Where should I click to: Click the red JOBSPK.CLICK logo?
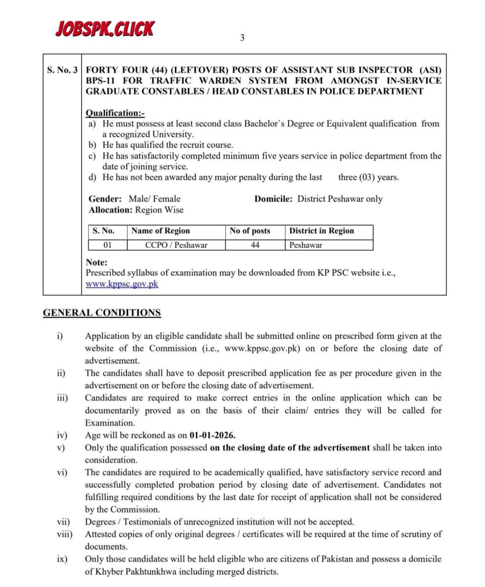(x=105, y=29)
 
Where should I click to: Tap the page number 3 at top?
(x=242, y=38)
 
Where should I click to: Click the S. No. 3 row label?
(x=62, y=70)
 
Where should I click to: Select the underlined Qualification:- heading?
(x=115, y=113)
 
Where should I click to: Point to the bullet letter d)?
(x=92, y=178)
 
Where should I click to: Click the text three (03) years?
(x=368, y=178)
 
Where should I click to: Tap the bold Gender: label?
(x=105, y=199)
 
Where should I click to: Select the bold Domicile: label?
(x=273, y=199)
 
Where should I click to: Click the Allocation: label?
(x=110, y=210)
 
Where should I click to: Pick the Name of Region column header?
(x=160, y=231)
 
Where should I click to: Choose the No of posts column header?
(x=250, y=231)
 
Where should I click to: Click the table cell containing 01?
(x=107, y=245)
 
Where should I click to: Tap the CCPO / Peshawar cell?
(x=176, y=245)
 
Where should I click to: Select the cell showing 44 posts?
(x=255, y=245)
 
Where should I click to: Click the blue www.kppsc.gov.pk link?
(x=122, y=284)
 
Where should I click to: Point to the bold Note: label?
(x=96, y=262)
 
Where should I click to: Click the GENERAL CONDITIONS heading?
(x=102, y=313)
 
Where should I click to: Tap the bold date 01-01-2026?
(x=212, y=435)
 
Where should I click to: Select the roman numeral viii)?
(x=65, y=534)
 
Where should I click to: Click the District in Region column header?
(x=321, y=231)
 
